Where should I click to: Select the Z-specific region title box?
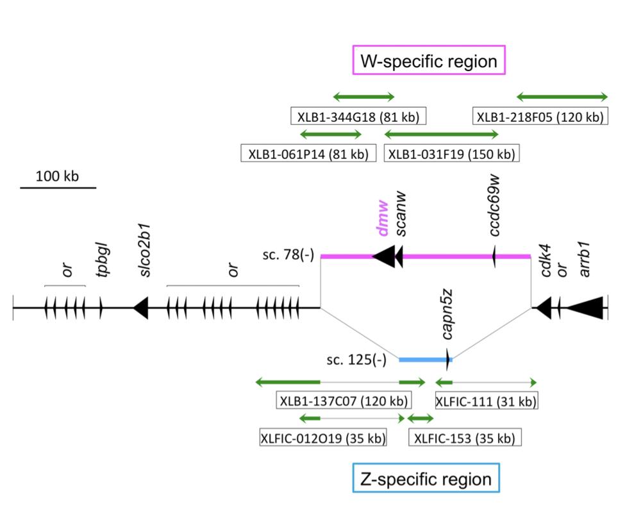426,479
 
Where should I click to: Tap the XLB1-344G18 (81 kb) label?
358,117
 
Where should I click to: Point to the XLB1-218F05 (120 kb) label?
540,117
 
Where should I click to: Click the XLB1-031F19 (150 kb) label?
451,154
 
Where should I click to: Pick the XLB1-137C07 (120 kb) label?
344,401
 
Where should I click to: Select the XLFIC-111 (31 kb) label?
485,401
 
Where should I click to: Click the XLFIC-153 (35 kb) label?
465,439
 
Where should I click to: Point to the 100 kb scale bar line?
58,188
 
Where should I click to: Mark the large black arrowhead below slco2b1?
141,308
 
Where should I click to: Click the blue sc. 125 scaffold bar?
423,360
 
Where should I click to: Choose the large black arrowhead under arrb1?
585,308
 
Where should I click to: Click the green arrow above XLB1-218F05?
562,97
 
